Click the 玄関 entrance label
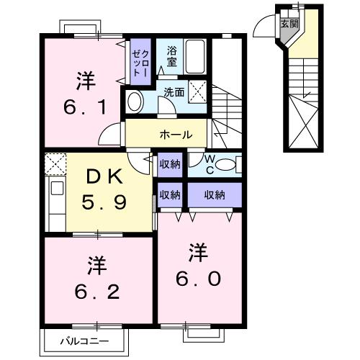tap(289, 23)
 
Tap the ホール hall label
tap(175, 135)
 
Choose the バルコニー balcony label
tap(88, 341)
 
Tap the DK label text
tap(106, 176)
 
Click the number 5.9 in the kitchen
tap(106, 202)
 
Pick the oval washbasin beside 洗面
tap(134, 102)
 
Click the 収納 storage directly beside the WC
tap(170, 164)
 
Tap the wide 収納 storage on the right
tap(215, 194)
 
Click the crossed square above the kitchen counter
tap(55, 165)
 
